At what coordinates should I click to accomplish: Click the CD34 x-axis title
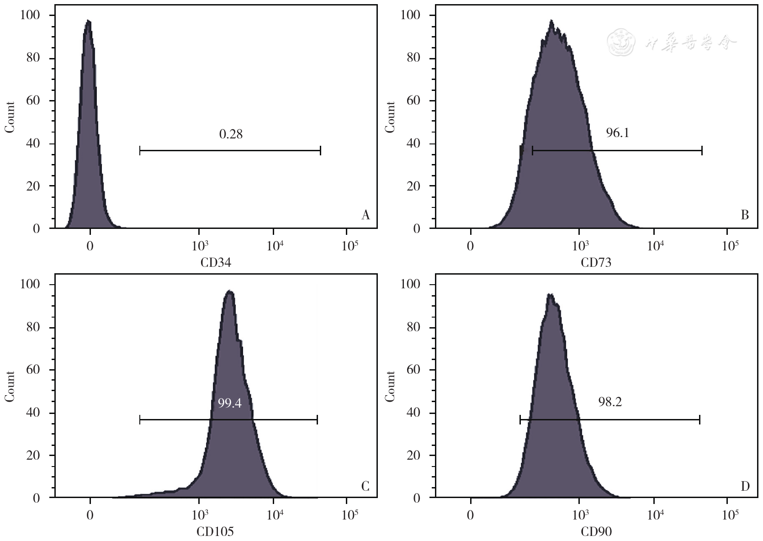(216, 263)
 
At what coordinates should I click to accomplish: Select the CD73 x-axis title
(596, 263)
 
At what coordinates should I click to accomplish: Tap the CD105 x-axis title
(215, 532)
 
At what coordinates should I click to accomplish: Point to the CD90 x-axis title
(596, 532)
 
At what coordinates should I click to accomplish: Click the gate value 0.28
(231, 134)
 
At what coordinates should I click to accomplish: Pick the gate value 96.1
(617, 133)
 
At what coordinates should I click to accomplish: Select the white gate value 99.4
(229, 403)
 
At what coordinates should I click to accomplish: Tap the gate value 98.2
(610, 402)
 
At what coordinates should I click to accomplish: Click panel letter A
(365, 215)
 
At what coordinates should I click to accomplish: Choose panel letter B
(745, 215)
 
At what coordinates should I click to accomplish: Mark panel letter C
(365, 487)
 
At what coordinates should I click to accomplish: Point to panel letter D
(745, 487)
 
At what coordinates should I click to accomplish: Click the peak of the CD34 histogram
(88, 21)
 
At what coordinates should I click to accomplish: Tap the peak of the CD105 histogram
(230, 292)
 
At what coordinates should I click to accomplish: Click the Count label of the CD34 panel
(10, 117)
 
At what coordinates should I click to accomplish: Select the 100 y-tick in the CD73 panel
(410, 15)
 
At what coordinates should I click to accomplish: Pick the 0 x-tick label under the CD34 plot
(90, 246)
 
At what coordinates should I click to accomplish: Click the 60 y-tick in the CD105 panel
(33, 370)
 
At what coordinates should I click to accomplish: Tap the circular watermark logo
(621, 42)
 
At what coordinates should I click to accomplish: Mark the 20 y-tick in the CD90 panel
(413, 455)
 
